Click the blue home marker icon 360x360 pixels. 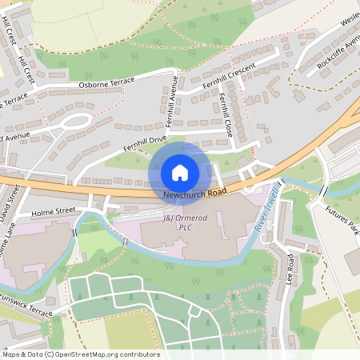click(180, 173)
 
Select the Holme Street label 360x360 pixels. click(52, 213)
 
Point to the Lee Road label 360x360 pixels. click(289, 271)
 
